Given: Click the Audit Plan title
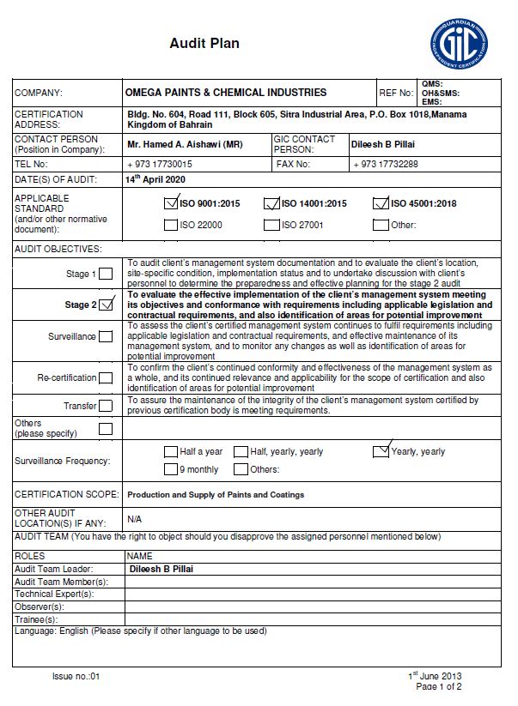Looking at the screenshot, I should pyautogui.click(x=204, y=43).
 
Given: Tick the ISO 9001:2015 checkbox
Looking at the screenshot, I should pyautogui.click(x=170, y=204).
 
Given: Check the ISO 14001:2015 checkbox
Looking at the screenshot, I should pyautogui.click(x=272, y=204).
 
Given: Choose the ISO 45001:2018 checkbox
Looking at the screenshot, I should pyautogui.click(x=381, y=204).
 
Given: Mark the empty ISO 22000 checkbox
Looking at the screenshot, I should pyautogui.click(x=170, y=226).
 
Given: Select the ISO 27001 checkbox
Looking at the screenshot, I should pyautogui.click(x=272, y=226).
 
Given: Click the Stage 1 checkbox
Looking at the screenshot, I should pyautogui.click(x=106, y=275).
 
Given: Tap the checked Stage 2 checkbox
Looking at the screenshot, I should pyautogui.click(x=107, y=305).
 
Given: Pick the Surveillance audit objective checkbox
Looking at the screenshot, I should pyautogui.click(x=106, y=337).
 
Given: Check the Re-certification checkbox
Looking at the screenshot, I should pyautogui.click(x=106, y=377).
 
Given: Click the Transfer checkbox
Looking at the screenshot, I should pyautogui.click(x=106, y=406).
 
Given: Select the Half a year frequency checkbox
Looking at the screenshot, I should pyautogui.click(x=170, y=452).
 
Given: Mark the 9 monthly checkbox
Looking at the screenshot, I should pyautogui.click(x=170, y=470).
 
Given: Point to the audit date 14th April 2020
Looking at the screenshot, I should pyautogui.click(x=155, y=180).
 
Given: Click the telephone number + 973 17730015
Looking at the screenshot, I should pyautogui.click(x=159, y=164).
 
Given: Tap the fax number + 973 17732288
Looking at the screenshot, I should pyautogui.click(x=386, y=164).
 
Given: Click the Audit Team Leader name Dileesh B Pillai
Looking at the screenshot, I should pyautogui.click(x=161, y=569).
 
